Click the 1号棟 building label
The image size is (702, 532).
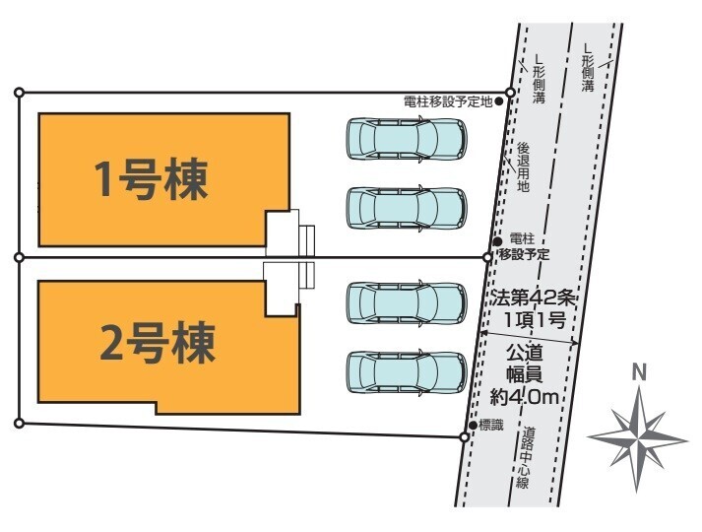[151, 179]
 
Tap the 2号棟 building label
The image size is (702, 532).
[158, 344]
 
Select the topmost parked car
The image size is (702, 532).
[405, 139]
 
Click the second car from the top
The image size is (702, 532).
[405, 207]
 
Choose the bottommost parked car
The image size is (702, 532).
[405, 371]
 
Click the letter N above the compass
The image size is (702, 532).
[639, 372]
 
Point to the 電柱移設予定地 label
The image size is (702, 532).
[448, 100]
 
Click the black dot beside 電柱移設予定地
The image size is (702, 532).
[499, 100]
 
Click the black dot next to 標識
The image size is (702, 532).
[474, 425]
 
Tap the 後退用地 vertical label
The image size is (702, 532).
[523, 167]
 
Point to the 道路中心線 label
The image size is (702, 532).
[529, 458]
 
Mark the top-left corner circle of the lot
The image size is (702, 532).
[19, 93]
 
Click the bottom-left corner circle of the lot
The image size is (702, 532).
[19, 423]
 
